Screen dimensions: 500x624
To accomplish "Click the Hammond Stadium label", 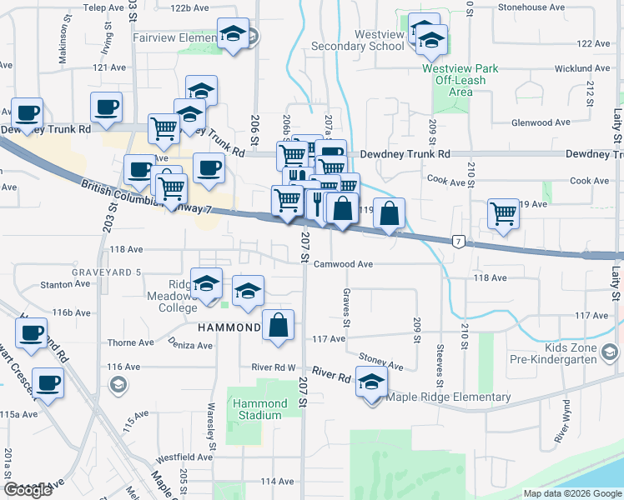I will (x=259, y=409).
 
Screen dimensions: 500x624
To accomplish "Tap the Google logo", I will (x=28, y=490).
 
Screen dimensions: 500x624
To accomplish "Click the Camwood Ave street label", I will (x=343, y=264).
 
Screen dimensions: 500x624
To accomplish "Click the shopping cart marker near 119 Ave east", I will (x=504, y=213).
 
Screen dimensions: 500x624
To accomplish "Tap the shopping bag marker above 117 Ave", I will (x=279, y=326).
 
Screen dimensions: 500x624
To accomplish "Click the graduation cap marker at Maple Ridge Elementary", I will (x=371, y=383).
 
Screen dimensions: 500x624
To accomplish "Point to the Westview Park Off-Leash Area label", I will (x=460, y=80).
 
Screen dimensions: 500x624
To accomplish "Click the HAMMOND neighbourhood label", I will (x=229, y=327).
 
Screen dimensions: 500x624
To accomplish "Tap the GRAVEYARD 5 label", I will (x=107, y=272).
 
